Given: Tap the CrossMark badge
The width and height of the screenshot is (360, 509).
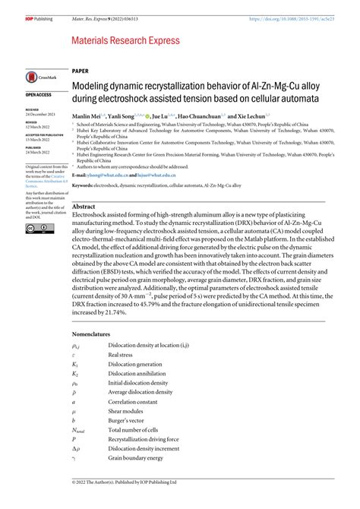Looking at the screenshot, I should pyautogui.click(x=38, y=77).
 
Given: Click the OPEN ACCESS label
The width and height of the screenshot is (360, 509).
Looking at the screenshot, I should pyautogui.click(x=39, y=94).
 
